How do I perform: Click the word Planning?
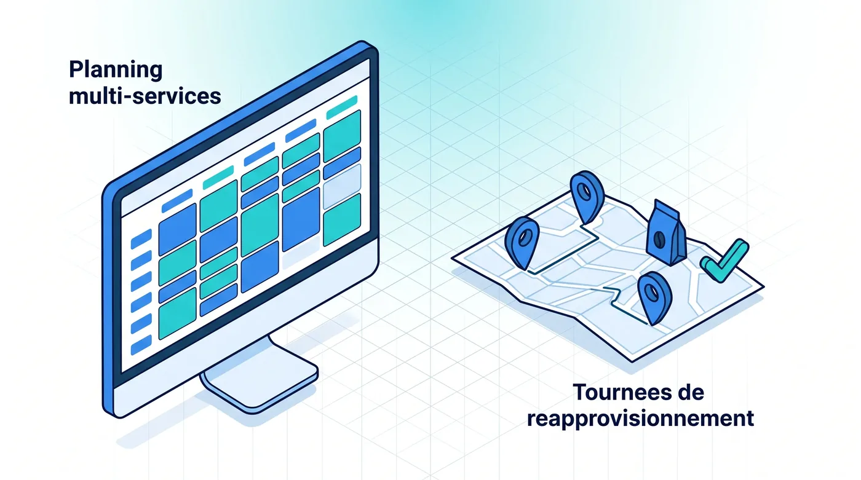tap(116, 70)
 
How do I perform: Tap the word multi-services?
tap(145, 96)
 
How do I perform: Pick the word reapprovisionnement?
tap(640, 419)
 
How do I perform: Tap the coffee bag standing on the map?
tap(666, 234)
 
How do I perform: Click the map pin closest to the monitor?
tap(522, 242)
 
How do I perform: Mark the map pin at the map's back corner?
tap(587, 197)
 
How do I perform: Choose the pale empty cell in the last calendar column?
tap(342, 186)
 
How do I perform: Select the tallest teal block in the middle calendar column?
tap(260, 225)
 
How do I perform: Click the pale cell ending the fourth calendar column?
tap(301, 252)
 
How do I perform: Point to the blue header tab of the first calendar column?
tap(177, 200)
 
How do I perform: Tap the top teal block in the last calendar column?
tap(342, 136)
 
